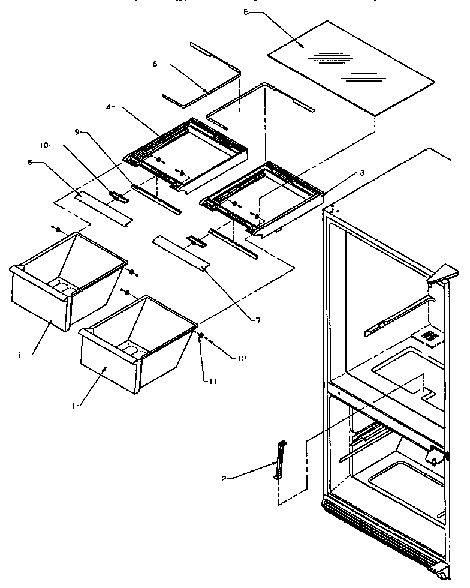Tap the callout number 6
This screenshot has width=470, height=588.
coord(155,63)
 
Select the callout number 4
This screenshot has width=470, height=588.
coord(109,108)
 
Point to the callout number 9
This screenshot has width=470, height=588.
coord(77,131)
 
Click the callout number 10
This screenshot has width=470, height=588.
coord(44,145)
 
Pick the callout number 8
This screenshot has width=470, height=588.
coord(29,161)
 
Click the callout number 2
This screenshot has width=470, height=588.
coord(224,478)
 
